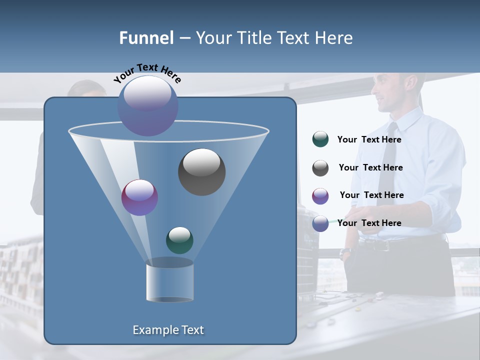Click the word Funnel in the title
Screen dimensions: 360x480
pos(146,38)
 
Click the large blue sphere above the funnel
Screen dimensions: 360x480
pos(147,105)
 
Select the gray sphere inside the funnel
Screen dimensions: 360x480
pos(201,171)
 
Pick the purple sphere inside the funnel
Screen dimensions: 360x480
pos(139,197)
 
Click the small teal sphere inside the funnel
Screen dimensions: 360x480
pos(179,240)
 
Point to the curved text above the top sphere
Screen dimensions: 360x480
pos(147,73)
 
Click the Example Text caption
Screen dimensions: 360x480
pos(168,330)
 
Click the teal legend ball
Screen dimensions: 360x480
pos(320,139)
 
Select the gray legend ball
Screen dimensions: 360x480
pos(320,168)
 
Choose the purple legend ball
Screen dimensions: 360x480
pos(320,196)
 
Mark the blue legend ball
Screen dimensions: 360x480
pos(320,223)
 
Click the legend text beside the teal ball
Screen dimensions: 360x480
pos(369,140)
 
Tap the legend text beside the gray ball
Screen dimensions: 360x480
pos(370,168)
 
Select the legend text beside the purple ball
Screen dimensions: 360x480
pos(371,195)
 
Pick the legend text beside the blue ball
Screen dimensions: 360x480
pos(369,223)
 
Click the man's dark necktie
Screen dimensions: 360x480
pos(387,160)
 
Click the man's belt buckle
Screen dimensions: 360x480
pos(383,245)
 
